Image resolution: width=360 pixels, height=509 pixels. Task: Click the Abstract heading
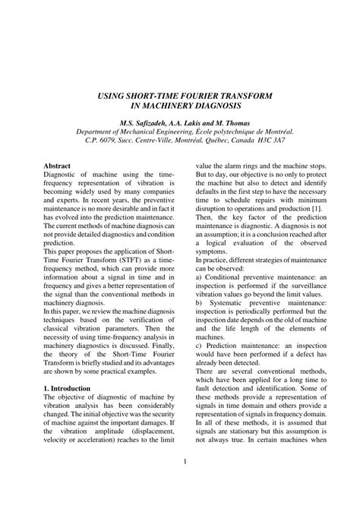click(58, 165)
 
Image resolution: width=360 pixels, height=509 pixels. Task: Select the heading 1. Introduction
click(68, 388)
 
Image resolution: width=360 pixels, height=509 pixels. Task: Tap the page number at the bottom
click(185, 463)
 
